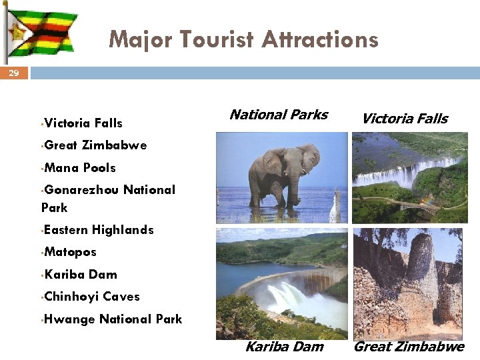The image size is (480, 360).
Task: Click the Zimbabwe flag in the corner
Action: coord(41,33)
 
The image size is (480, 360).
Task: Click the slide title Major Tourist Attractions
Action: coord(243,39)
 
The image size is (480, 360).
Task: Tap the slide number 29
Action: coord(14,73)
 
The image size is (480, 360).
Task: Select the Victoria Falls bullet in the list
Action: coord(83,123)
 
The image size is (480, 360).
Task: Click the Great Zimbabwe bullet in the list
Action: coord(95,145)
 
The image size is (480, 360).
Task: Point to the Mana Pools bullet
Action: coord(79,168)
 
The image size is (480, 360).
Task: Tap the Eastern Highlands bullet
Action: coord(98,230)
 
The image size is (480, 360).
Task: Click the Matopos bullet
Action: coord(70,252)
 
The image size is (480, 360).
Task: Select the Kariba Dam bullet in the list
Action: coord(80,275)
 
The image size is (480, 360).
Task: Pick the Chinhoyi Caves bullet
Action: coord(91,297)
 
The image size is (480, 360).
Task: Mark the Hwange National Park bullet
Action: coord(112,319)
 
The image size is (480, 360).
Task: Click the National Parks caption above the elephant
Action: coord(278,115)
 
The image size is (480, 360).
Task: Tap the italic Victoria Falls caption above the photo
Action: coord(404,119)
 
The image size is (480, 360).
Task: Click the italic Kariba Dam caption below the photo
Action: coord(284,346)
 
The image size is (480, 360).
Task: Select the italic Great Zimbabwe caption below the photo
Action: coord(408,346)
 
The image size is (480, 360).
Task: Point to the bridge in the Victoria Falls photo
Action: coord(407,204)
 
